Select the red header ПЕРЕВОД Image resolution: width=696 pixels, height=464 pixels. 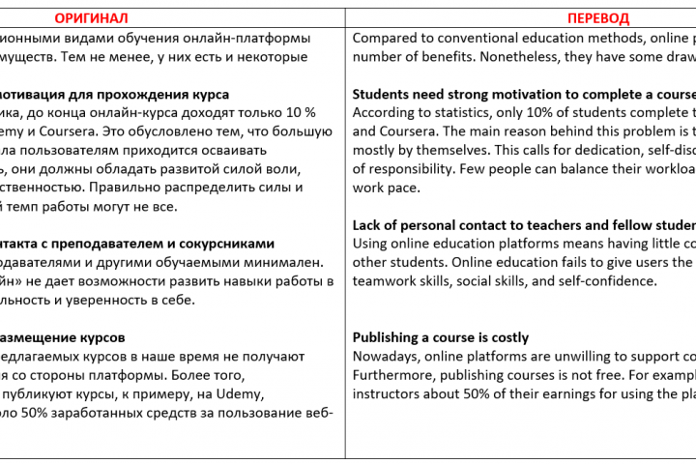click(597, 18)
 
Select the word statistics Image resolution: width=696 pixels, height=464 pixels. click(461, 113)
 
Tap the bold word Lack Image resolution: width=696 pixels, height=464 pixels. click(369, 225)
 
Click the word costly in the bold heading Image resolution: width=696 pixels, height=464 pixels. click(507, 337)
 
